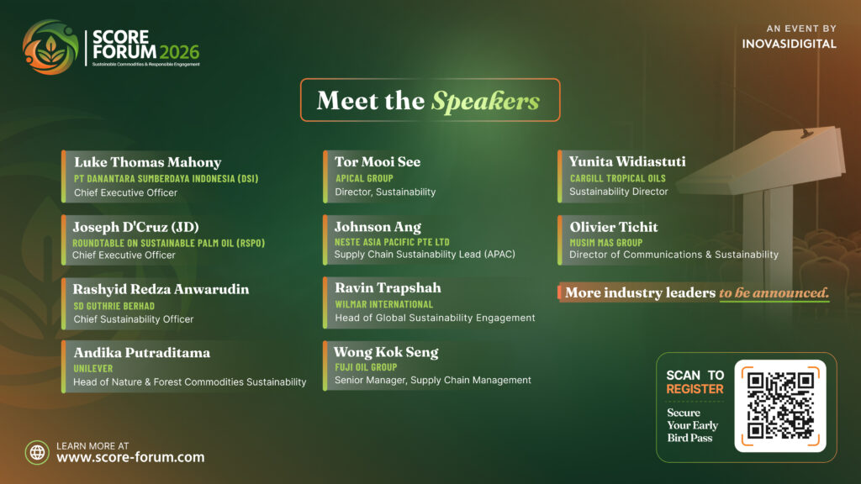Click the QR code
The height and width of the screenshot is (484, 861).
[780, 406]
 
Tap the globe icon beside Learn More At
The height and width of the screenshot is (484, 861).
[37, 452]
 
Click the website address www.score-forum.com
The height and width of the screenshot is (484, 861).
[130, 457]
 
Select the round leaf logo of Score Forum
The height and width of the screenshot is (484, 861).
[50, 47]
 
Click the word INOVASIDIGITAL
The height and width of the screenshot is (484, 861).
[789, 44]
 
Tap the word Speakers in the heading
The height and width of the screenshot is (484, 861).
[485, 101]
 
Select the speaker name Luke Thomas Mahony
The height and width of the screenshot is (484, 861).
[148, 162]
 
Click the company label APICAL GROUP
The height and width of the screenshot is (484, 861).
[364, 178]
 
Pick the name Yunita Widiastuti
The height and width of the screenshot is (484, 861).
[627, 161]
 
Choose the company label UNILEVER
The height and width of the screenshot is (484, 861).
[92, 368]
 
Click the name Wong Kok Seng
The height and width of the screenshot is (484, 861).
[386, 352]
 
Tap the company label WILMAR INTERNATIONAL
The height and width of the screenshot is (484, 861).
[383, 304]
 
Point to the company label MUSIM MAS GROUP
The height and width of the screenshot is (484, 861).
[605, 243]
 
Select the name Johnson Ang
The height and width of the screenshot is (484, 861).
[378, 227]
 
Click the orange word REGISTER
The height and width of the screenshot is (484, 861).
[695, 389]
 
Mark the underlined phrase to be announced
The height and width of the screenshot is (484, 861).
[774, 293]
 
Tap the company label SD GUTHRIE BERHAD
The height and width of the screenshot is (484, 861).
[114, 306]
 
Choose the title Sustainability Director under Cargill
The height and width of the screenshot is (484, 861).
[618, 192]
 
